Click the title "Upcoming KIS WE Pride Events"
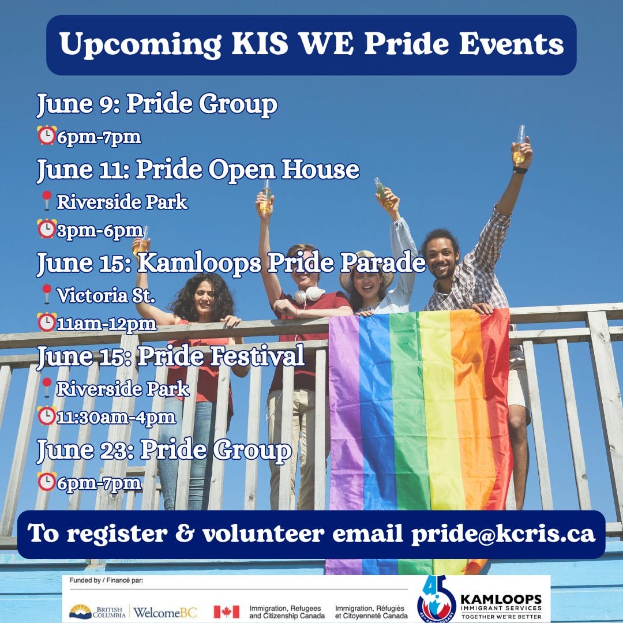(x=311, y=44)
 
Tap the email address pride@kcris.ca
(x=503, y=534)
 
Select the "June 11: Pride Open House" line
(x=198, y=170)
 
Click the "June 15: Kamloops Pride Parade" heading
(x=231, y=263)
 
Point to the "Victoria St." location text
(x=106, y=295)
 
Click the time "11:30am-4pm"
(x=116, y=418)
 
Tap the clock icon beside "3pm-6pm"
(x=47, y=229)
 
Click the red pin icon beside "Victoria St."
(x=47, y=294)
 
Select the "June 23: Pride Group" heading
(x=164, y=450)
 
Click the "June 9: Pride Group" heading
(x=157, y=104)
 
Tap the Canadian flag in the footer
(x=227, y=612)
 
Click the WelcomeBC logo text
(x=165, y=612)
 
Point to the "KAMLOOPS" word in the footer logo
(x=501, y=599)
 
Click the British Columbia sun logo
(x=80, y=612)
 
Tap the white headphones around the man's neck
(x=309, y=295)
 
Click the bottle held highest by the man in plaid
(x=519, y=144)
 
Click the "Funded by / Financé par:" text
(x=106, y=580)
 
